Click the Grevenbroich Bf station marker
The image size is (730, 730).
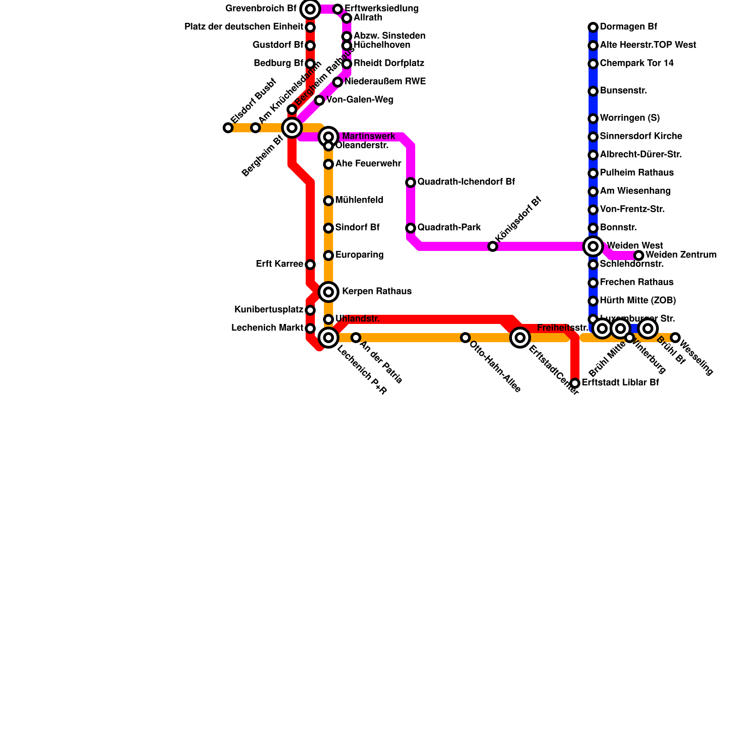[310, 9]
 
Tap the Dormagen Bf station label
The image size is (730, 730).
[628, 27]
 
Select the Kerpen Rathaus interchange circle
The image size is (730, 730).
[328, 292]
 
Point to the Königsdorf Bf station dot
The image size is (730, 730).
[493, 246]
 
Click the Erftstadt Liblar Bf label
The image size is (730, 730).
[620, 383]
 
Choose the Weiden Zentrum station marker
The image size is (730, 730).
[639, 255]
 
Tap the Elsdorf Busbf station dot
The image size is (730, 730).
[228, 128]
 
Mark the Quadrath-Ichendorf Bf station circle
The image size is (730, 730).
[411, 182]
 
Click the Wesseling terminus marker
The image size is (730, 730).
[675, 338]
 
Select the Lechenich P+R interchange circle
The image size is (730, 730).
[328, 338]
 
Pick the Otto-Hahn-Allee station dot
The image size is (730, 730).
[465, 338]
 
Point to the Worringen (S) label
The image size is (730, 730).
[630, 118]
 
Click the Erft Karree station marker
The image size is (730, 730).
[310, 265]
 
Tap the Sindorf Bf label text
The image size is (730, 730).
[357, 228]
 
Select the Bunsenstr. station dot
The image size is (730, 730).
[593, 91]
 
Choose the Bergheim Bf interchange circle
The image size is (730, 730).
[292, 128]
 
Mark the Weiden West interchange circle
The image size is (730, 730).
[593, 246]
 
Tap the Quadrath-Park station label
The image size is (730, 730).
[449, 228]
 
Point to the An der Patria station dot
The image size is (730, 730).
[356, 338]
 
